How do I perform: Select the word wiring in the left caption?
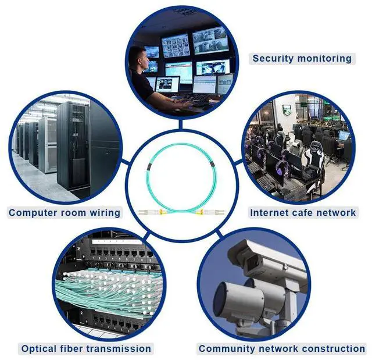(x=105, y=213)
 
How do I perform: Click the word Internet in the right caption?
(x=271, y=213)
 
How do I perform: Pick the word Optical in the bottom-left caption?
(x=39, y=349)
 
